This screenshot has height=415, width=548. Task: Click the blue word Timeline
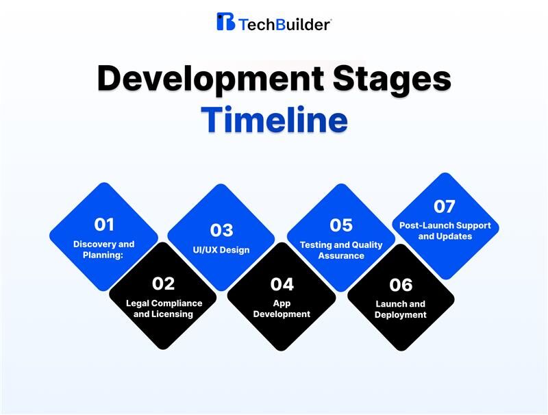click(x=274, y=119)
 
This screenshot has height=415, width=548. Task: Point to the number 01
click(x=104, y=225)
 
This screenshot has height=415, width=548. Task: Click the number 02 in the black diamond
click(x=164, y=284)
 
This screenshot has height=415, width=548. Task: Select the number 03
click(x=222, y=230)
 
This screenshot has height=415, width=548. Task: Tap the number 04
click(x=282, y=284)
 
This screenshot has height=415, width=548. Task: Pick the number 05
click(x=341, y=225)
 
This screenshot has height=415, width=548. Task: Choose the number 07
click(x=445, y=206)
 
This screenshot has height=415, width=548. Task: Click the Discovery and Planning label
click(x=104, y=249)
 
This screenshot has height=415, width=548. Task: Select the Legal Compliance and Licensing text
click(x=164, y=309)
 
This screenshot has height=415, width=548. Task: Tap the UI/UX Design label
click(x=222, y=250)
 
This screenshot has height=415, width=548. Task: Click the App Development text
click(x=282, y=309)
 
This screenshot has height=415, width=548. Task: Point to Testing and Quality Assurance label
click(x=341, y=250)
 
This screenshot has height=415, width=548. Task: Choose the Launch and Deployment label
click(x=401, y=310)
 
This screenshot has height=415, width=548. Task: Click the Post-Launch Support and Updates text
click(x=445, y=231)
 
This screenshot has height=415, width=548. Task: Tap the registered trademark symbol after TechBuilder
click(x=332, y=20)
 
